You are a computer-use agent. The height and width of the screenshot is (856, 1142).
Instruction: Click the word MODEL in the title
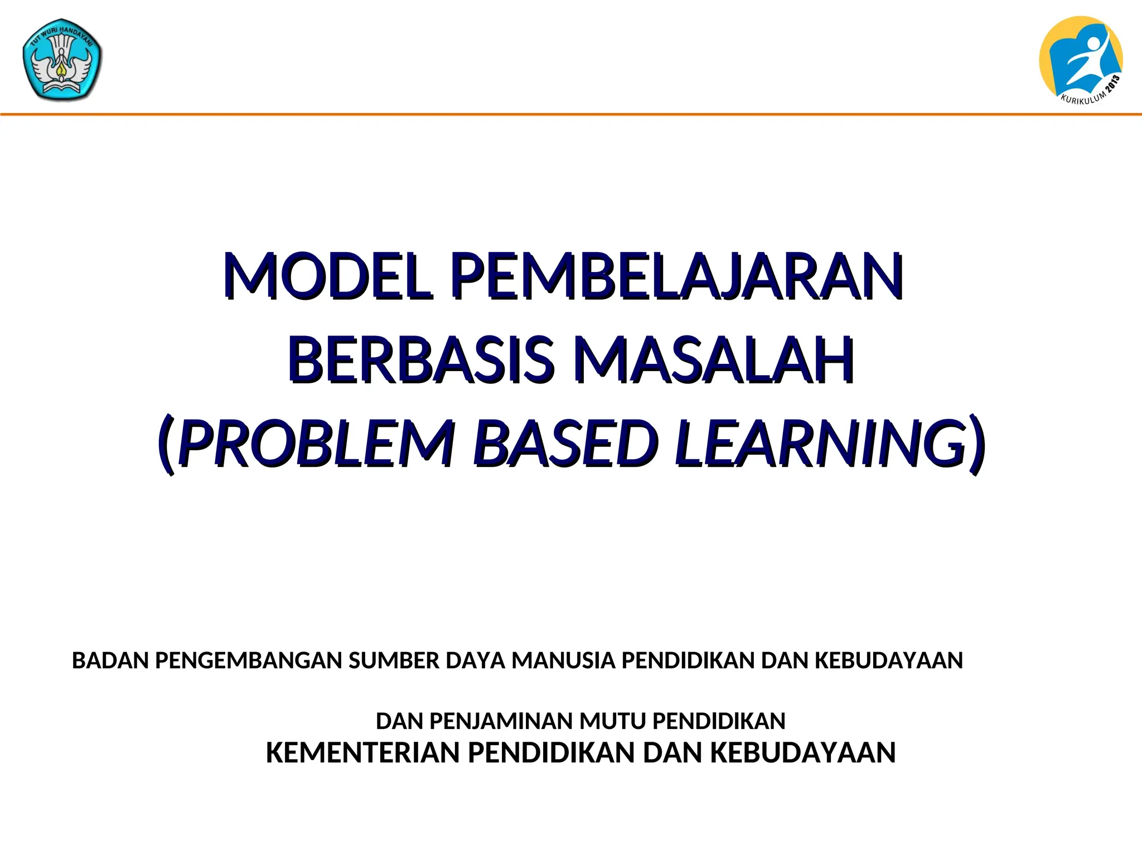click(328, 276)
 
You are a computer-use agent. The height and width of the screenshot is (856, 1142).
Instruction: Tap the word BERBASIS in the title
click(421, 359)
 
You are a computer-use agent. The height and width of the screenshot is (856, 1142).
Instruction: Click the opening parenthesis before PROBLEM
click(166, 444)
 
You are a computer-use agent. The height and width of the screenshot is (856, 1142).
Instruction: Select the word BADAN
click(110, 660)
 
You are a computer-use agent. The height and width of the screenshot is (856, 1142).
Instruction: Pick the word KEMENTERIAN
click(363, 753)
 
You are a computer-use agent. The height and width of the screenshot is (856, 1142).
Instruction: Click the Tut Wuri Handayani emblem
click(62, 60)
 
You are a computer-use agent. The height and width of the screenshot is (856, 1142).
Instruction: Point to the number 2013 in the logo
click(1113, 85)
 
